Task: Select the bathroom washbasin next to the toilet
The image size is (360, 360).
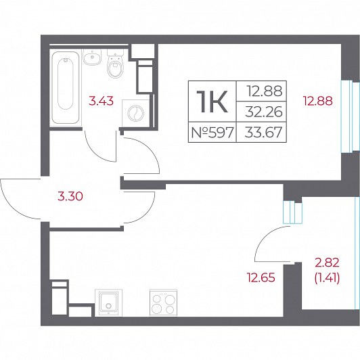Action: point(92,57)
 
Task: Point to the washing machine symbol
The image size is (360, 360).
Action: point(136,113)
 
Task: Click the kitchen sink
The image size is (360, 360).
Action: point(108,302)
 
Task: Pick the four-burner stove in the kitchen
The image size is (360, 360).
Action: point(163,302)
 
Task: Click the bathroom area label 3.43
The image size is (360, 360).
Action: point(102,101)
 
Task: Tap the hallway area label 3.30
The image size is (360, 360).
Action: point(70,196)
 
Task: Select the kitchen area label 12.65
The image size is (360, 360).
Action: point(261,277)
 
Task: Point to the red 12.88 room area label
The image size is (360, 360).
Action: point(318,101)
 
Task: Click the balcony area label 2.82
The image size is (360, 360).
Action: point(327,263)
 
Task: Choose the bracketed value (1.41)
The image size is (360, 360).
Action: point(327,279)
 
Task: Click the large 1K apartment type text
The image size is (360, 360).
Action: point(212,102)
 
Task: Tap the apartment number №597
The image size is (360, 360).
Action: point(212,133)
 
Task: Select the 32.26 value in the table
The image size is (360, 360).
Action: point(264,112)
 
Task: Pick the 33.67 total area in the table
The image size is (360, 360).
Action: point(263,133)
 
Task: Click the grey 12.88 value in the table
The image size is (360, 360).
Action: point(265,91)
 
